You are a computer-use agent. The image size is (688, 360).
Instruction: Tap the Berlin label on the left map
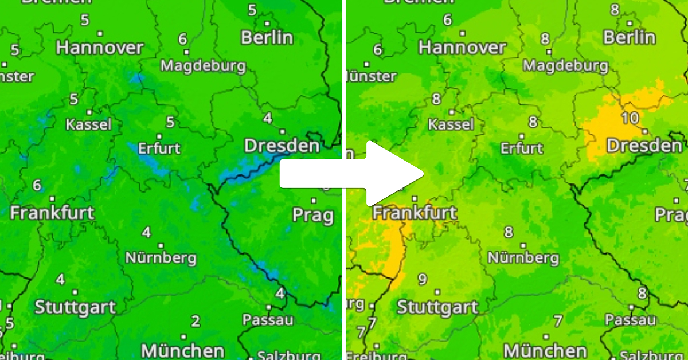(x=267, y=38)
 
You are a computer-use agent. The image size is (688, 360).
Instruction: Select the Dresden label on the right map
(x=644, y=146)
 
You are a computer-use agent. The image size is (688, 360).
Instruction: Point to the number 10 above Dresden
(x=630, y=118)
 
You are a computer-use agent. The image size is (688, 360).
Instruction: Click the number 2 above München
(x=196, y=321)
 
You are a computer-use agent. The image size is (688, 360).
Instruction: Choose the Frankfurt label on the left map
(x=52, y=213)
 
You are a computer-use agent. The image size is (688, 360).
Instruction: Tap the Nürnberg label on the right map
(x=523, y=257)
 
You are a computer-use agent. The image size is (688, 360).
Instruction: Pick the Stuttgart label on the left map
(x=75, y=307)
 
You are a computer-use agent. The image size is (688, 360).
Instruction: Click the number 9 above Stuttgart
(x=423, y=280)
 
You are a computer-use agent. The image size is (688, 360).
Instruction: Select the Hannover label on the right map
(x=462, y=47)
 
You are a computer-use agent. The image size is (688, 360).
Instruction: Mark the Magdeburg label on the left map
(x=203, y=66)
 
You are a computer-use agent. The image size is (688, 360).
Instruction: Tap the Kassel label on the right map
(x=451, y=124)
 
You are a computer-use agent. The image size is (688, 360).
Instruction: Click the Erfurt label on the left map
(x=159, y=148)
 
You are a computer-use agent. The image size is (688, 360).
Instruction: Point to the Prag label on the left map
(x=312, y=216)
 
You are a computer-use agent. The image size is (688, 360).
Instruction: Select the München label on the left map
(x=182, y=350)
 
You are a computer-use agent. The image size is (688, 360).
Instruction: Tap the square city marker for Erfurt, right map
(x=521, y=136)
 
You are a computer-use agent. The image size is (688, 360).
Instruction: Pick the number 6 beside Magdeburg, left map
(x=182, y=39)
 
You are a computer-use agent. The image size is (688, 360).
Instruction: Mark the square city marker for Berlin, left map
(x=267, y=24)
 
